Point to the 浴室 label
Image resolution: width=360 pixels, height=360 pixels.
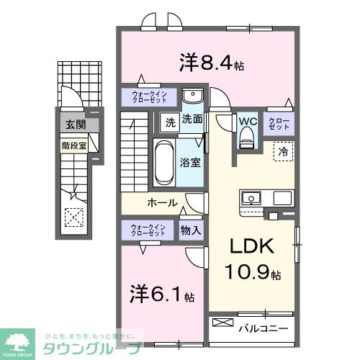coord(191,163)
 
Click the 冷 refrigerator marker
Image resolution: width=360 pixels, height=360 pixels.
coord(284,152)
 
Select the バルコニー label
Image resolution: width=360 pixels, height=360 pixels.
coord(264,328)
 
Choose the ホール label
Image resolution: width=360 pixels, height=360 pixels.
coord(163,202)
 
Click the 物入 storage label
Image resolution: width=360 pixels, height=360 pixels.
coord(190,230)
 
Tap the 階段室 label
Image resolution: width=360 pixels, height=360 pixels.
coord(73,143)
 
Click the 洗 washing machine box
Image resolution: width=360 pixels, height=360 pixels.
coord(168,122)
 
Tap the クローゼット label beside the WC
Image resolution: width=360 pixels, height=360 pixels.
coord(278,123)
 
